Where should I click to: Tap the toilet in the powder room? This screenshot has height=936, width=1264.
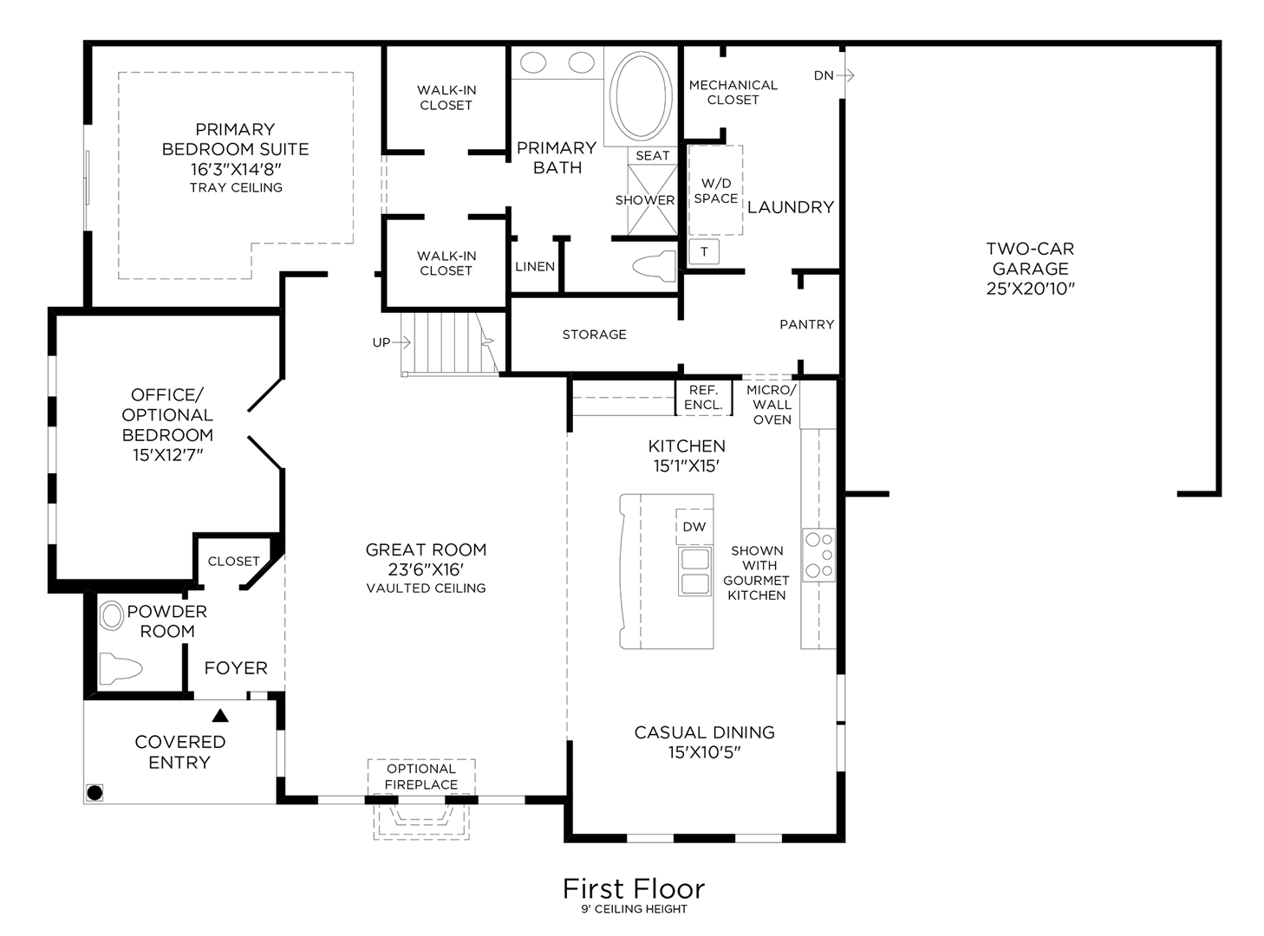[x=120, y=670]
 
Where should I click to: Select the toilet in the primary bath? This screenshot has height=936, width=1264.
[x=655, y=266]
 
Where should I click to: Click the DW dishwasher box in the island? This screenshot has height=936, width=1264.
[x=694, y=527]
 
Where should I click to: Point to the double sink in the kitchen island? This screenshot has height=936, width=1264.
[x=694, y=571]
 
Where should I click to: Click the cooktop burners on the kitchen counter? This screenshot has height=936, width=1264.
[x=818, y=555]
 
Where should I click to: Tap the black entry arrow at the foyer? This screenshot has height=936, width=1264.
[x=220, y=716]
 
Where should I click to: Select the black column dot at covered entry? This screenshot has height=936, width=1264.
[x=94, y=792]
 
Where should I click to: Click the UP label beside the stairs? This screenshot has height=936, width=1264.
[x=381, y=342]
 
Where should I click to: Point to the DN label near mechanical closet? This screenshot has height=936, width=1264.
[x=824, y=75]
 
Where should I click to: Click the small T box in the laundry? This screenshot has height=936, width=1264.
[x=704, y=252]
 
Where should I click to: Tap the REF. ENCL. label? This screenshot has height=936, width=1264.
[x=703, y=398]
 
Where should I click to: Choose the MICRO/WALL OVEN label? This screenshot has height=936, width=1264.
[x=772, y=405]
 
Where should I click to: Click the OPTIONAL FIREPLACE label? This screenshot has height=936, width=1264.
[x=421, y=777]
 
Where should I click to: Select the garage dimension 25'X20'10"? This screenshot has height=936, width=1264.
[x=1030, y=289]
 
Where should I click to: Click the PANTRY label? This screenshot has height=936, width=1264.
[x=806, y=324]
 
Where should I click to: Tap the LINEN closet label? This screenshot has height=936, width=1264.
[x=535, y=266]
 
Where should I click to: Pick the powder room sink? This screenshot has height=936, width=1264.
[x=112, y=616]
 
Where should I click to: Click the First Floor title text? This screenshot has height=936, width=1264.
[x=634, y=888]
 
